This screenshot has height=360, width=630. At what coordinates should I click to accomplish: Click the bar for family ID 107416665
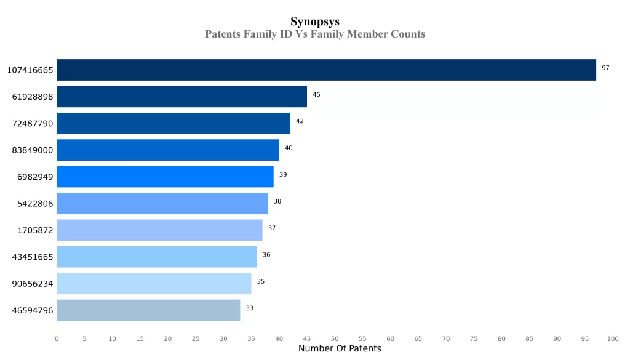click(326, 70)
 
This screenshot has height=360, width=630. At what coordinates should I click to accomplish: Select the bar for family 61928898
click(181, 97)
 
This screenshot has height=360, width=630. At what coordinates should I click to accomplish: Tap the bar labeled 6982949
click(165, 177)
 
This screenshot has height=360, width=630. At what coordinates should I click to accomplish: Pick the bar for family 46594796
click(148, 310)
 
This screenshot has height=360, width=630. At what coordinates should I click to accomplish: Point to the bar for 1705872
click(159, 230)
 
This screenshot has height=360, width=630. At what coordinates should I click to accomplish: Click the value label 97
click(605, 68)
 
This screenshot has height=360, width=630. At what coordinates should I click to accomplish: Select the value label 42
click(300, 121)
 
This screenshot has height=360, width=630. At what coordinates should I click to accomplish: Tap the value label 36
click(266, 255)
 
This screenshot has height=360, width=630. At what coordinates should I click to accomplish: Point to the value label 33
click(250, 308)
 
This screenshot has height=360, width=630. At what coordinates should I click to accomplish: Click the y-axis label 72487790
click(33, 124)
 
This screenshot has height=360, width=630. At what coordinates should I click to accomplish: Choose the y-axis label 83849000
click(33, 150)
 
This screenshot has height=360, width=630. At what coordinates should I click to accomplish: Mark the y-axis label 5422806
click(35, 204)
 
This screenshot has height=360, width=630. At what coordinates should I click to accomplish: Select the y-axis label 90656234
click(33, 284)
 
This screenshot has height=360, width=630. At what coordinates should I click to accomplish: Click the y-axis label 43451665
click(33, 257)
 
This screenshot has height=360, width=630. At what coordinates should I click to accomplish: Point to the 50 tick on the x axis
click(335, 338)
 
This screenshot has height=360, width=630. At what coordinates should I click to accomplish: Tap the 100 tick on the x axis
click(613, 338)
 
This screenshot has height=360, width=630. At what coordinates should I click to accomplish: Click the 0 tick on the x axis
click(57, 338)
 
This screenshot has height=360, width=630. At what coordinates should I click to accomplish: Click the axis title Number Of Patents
click(340, 349)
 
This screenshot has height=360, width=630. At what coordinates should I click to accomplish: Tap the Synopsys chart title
click(315, 22)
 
